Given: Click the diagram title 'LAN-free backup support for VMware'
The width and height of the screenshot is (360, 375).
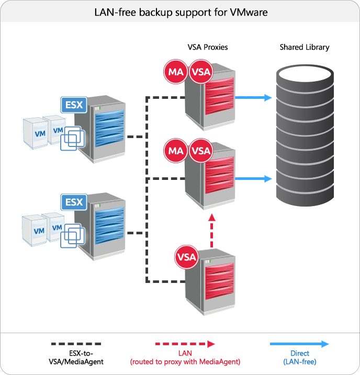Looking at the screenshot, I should coord(180,12).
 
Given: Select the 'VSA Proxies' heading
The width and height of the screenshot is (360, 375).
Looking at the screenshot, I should coord(208,48).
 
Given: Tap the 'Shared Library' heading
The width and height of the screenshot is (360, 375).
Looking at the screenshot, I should coord(305,48).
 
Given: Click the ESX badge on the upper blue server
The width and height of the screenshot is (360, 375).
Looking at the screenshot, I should coord(73,105).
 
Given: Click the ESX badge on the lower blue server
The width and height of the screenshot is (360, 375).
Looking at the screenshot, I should coord(73,201).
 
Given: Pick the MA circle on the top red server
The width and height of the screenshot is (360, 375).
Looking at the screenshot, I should coord(176,72).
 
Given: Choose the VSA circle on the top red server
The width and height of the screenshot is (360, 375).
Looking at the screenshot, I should coord(200,72).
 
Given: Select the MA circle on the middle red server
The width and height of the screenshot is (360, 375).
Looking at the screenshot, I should coord(176,151).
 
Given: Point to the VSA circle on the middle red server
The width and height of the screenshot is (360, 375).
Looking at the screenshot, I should coord(200,151).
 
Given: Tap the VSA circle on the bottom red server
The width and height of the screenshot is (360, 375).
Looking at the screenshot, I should coord(187,257).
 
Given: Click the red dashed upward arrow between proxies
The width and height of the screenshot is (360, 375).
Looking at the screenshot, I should coord(211,230).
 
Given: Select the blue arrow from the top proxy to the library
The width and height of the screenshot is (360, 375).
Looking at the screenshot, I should coord(253,98).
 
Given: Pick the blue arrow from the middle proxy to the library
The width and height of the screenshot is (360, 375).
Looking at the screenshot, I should coord(253,179).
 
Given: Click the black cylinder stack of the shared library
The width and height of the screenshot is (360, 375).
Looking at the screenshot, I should coord(305,139).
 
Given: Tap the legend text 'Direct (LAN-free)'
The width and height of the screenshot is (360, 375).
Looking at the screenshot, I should coord(300,357).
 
